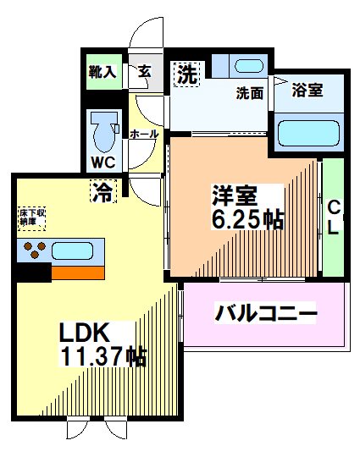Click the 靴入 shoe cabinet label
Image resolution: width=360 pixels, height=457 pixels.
click(x=102, y=72)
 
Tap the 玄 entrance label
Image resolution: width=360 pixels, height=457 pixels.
click(x=145, y=72)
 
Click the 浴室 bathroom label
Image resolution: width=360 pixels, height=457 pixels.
click(x=307, y=90)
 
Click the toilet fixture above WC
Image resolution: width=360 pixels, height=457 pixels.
click(x=106, y=129)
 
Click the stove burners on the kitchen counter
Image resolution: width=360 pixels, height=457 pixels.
click(x=33, y=251)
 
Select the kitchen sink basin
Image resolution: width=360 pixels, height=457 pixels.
click(x=77, y=251)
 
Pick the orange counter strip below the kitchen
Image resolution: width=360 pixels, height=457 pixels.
click(x=79, y=273)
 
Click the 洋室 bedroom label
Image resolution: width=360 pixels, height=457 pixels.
click(x=235, y=195)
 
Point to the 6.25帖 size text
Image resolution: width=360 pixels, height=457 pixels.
click(x=247, y=220)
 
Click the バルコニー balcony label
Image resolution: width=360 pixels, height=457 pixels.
click(x=266, y=314)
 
